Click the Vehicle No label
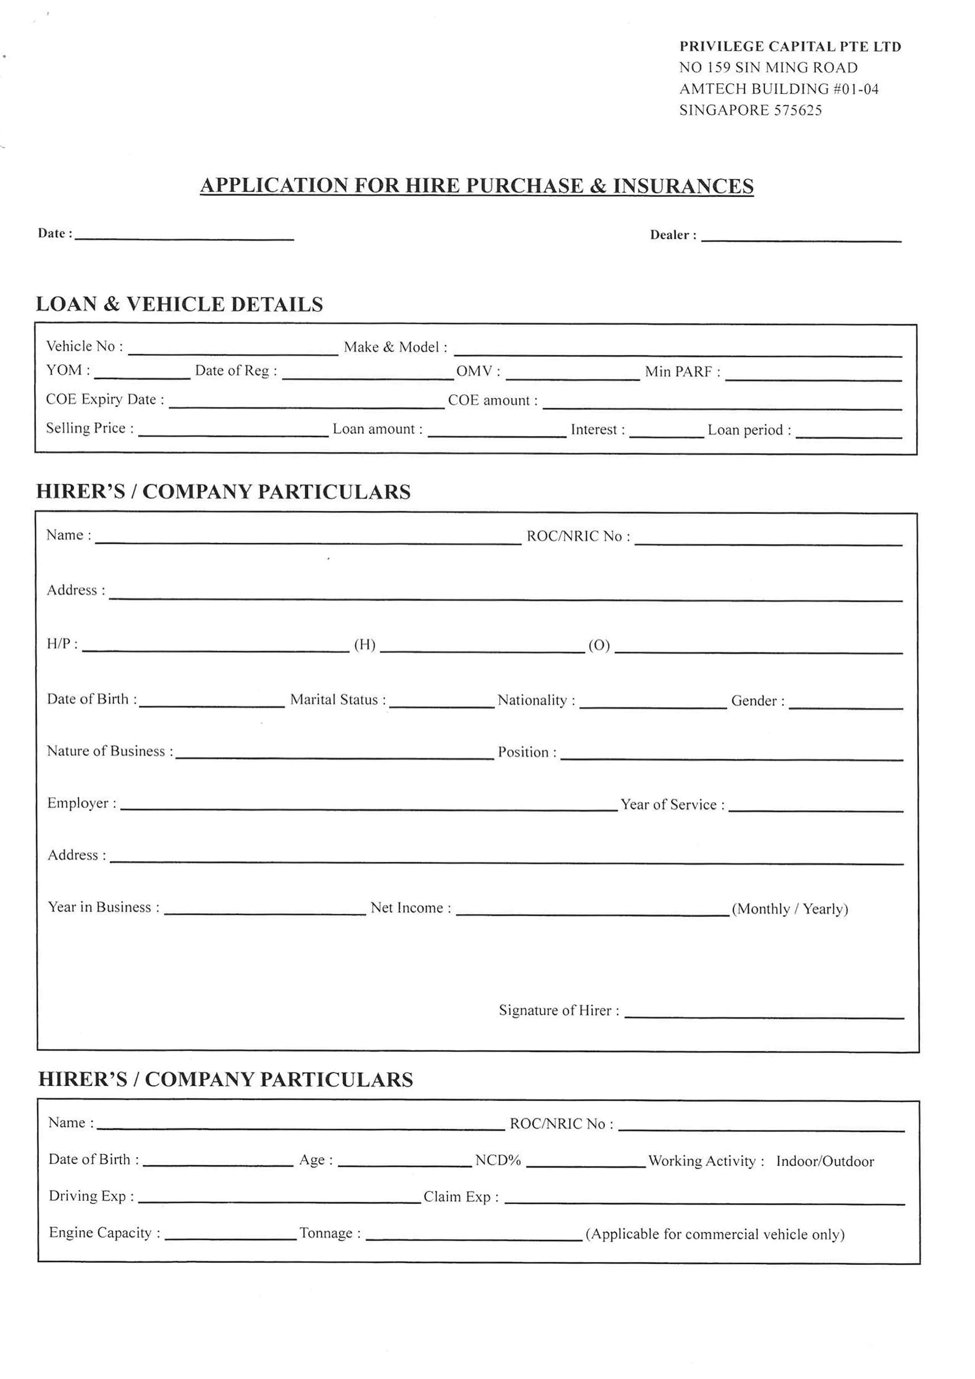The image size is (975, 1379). click(84, 347)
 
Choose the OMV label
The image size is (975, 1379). click(477, 371)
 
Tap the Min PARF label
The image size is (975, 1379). click(682, 372)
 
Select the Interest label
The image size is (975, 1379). click(597, 430)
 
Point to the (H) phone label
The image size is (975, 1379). click(364, 645)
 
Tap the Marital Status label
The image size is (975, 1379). click(337, 700)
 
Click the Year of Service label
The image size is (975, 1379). click(672, 805)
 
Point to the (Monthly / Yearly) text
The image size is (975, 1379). click(790, 909)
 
